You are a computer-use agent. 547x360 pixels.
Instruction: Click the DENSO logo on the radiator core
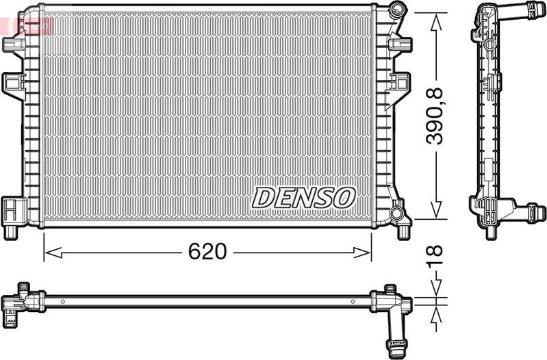[303, 197]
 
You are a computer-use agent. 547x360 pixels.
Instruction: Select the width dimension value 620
[207, 252]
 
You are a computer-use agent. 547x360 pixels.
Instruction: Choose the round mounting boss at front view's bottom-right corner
[397, 216]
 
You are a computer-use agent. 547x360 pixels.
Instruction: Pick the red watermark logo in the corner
[27, 26]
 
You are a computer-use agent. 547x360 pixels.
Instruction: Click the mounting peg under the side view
[490, 231]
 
